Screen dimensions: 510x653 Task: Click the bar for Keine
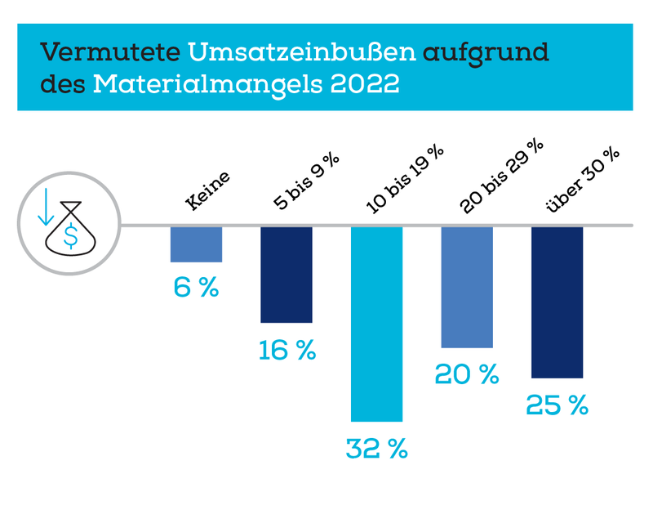point(196,244)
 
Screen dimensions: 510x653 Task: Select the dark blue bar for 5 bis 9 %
point(286,275)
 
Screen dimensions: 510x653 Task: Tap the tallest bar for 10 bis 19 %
point(376,323)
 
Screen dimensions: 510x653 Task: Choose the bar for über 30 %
point(557,302)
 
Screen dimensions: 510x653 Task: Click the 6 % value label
point(196,288)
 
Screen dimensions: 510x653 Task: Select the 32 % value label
point(376,448)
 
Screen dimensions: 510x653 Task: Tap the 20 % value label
point(466,374)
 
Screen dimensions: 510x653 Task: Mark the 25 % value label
point(557,405)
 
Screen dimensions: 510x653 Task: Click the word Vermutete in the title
point(111,52)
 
